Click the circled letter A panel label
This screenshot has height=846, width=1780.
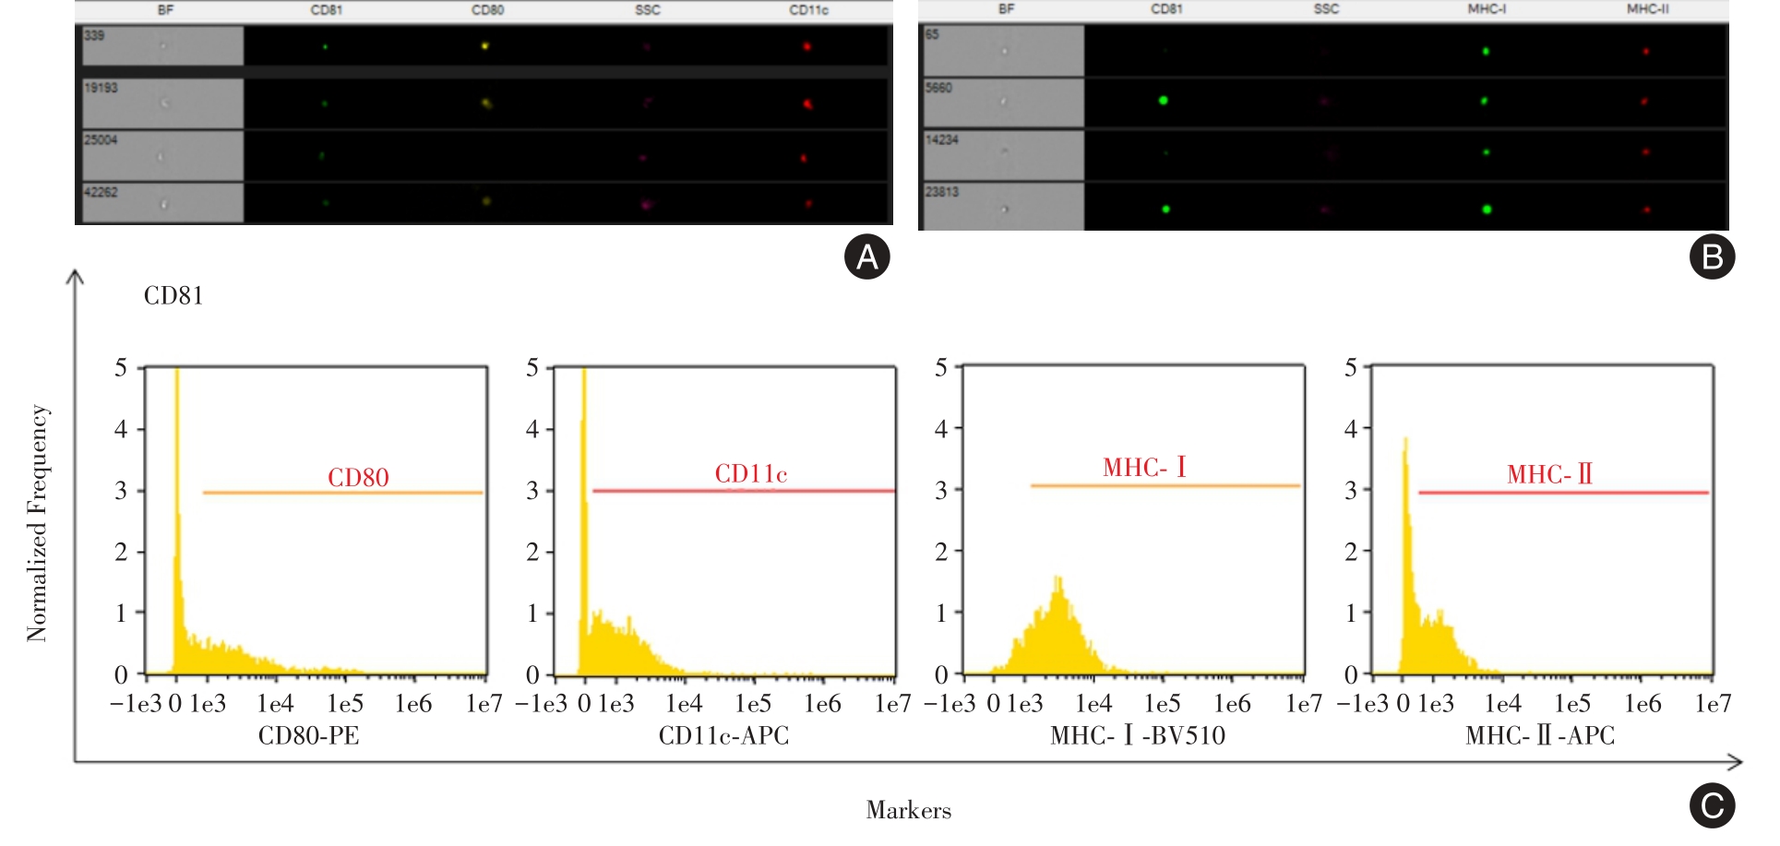tap(866, 256)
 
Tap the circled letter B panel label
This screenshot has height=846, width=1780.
tap(1712, 256)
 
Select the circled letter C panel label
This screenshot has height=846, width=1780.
tap(1712, 805)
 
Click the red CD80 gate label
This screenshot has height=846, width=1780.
tap(358, 477)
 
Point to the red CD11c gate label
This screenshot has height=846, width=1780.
tap(750, 474)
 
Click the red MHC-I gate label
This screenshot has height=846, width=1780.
tap(1144, 468)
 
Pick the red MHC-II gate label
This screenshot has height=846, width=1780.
tap(1549, 474)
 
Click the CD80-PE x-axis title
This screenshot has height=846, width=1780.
tap(308, 735)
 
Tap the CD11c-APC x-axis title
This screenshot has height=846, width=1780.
tap(723, 735)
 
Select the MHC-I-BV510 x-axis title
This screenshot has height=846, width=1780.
tap(1138, 735)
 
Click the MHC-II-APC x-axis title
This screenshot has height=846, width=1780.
tap(1540, 735)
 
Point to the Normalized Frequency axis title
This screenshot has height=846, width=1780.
tap(37, 522)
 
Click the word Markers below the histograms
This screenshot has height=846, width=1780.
tap(908, 810)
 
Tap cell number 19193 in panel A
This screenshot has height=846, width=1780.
tap(102, 88)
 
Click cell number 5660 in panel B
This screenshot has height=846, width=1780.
tap(938, 88)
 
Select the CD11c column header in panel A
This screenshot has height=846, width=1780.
tap(808, 10)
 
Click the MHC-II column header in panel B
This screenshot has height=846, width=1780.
tap(1647, 9)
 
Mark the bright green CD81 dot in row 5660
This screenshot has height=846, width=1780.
tap(1164, 100)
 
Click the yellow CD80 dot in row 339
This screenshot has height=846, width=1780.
tap(485, 45)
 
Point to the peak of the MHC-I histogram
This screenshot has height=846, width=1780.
tap(1058, 579)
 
